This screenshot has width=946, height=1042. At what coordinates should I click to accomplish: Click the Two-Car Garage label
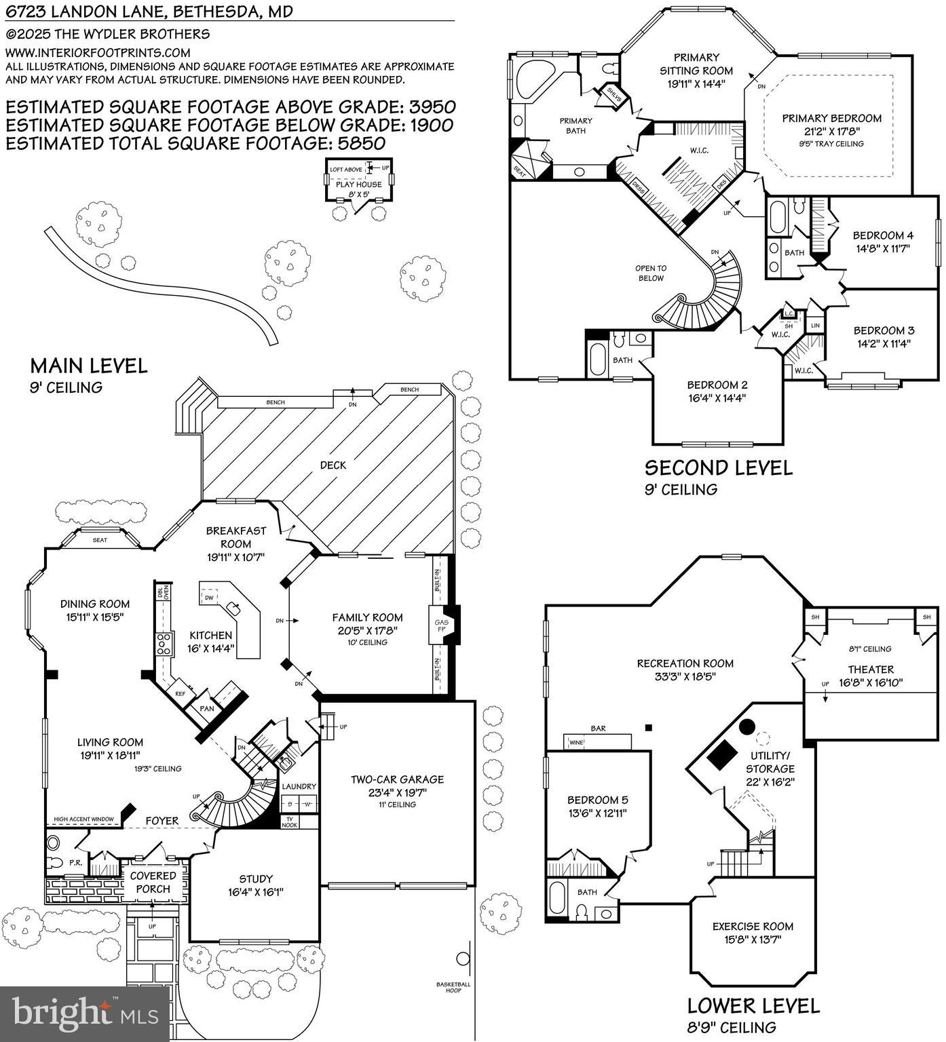pos(397,779)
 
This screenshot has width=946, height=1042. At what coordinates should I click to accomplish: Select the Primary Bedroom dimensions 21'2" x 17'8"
pos(831,132)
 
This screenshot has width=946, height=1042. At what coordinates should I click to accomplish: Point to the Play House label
pos(358,184)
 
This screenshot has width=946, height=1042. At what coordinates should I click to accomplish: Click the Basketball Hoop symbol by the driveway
pos(463,959)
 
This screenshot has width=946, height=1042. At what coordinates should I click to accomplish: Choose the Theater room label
pos(871,669)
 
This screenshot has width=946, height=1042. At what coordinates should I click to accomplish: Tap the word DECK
pos(333,465)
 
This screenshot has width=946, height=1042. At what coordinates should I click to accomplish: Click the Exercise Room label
pos(753,926)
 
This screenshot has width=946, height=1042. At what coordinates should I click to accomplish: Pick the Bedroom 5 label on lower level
pos(598,800)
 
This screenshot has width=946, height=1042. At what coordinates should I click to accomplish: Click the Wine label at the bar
pos(575,742)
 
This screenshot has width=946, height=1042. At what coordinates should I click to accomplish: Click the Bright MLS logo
pos(84,1014)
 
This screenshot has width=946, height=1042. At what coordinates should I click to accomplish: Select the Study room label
pos(256,879)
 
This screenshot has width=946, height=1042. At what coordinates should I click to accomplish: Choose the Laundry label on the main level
pos(299,786)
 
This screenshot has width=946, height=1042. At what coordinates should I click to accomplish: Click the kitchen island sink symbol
pos(234,605)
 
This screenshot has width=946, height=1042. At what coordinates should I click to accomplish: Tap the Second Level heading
pos(718,467)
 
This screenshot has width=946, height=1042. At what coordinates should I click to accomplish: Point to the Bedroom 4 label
pos(883,235)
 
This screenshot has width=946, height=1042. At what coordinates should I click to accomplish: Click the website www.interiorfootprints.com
pos(98,52)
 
